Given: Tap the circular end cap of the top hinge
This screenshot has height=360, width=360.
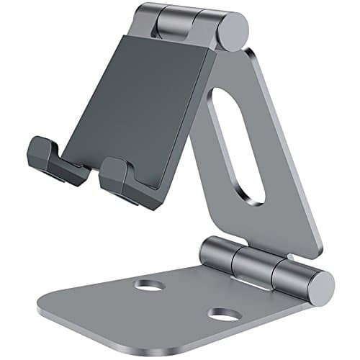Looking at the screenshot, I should pos(235,31).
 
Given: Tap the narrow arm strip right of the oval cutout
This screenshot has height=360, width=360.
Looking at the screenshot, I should pos(277,158).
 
